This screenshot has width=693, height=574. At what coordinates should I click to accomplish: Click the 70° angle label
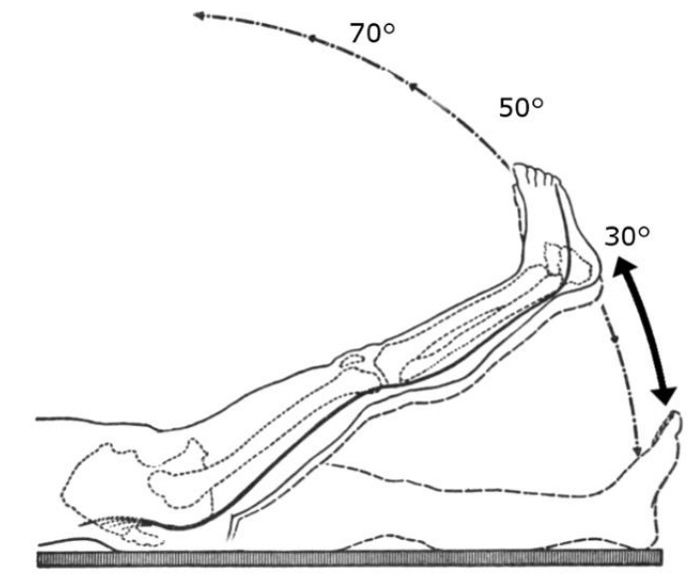pyautogui.click(x=372, y=33)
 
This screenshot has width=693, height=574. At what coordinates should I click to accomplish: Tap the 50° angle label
pyautogui.click(x=521, y=108)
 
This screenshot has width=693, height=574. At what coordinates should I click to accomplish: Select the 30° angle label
pyautogui.click(x=627, y=236)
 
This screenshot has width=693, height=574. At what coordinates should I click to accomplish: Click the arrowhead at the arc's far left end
pyautogui.click(x=199, y=16)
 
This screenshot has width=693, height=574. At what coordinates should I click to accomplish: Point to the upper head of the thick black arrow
pyautogui.click(x=623, y=267)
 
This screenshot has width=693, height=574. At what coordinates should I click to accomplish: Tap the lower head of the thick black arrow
pyautogui.click(x=664, y=393)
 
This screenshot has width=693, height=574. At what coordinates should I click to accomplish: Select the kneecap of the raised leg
pyautogui.click(x=352, y=360)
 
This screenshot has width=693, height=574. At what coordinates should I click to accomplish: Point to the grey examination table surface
pyautogui.click(x=349, y=558)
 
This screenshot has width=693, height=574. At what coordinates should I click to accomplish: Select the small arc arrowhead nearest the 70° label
pyautogui.click(x=312, y=39)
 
